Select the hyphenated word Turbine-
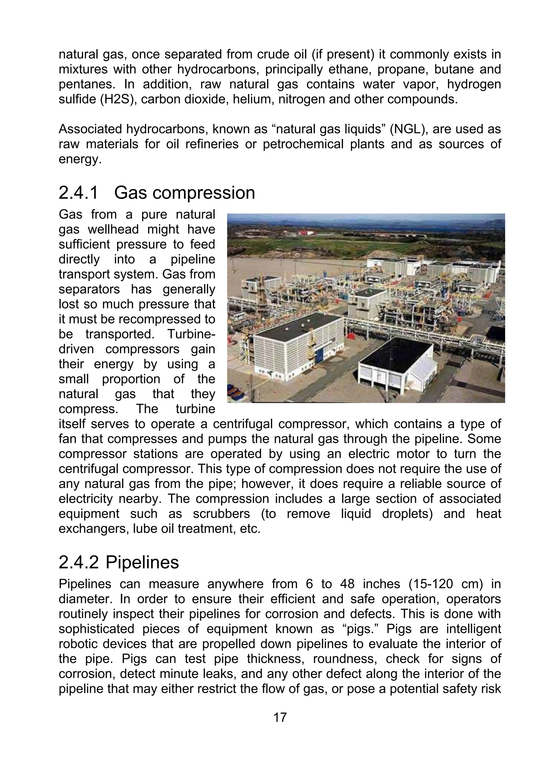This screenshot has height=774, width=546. pyautogui.click(x=191, y=334)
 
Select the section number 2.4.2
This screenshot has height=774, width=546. pyautogui.click(x=79, y=562)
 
